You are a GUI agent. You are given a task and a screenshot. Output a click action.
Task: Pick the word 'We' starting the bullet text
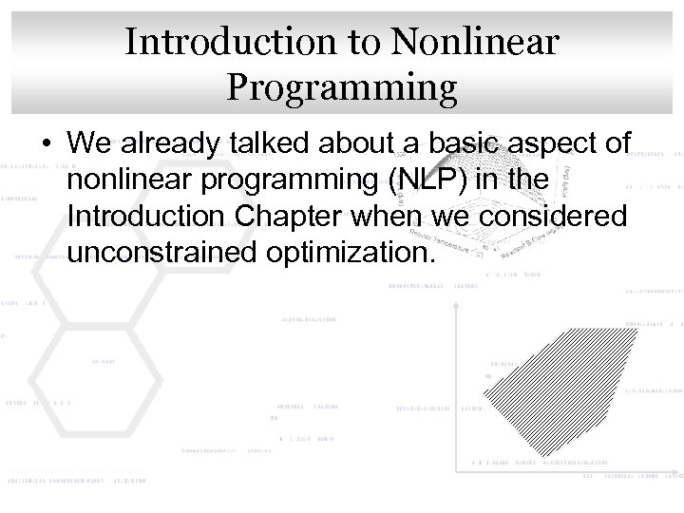(x=85, y=143)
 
